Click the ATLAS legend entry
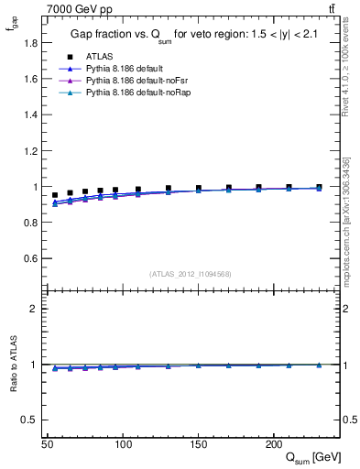click(98, 56)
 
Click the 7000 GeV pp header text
click(80, 9)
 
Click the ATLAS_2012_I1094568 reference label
click(191, 274)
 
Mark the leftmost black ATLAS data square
click(55, 195)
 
